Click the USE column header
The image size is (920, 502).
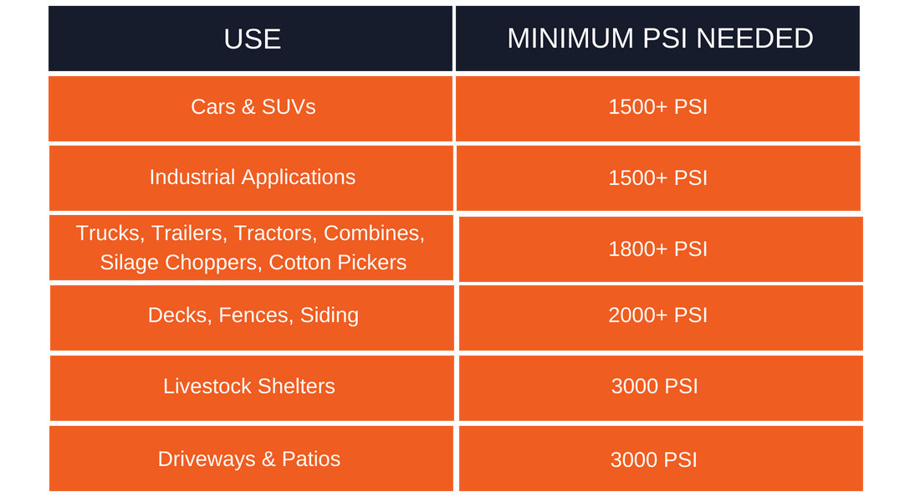pyautogui.click(x=253, y=39)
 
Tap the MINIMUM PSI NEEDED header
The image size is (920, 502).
pyautogui.click(x=660, y=38)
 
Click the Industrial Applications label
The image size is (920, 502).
pyautogui.click(x=253, y=177)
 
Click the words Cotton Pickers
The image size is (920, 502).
pyautogui.click(x=337, y=263)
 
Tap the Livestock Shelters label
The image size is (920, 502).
pyautogui.click(x=248, y=387)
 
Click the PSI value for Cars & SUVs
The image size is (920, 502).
pyautogui.click(x=657, y=107)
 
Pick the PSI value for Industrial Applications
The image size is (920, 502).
pyautogui.click(x=657, y=178)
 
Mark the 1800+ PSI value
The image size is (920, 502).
pyautogui.click(x=657, y=249)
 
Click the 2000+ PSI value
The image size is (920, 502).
pyautogui.click(x=657, y=315)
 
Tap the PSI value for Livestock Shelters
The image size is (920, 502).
pyautogui.click(x=654, y=387)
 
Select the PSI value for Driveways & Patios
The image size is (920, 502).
pyautogui.click(x=654, y=459)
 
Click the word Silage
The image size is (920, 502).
pyautogui.click(x=129, y=263)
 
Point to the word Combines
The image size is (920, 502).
pyautogui.click(x=374, y=233)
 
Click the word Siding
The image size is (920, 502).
pyautogui.click(x=330, y=315)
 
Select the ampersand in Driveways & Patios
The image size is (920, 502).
pyautogui.click(x=268, y=459)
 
